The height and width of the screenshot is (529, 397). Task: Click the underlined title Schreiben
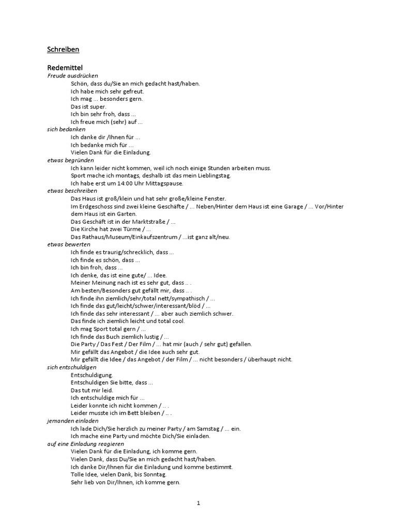tap(63, 50)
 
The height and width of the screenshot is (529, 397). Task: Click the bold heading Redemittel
tap(65, 68)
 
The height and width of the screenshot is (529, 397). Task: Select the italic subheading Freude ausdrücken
tap(69, 75)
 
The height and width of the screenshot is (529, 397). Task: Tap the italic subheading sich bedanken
tap(66, 129)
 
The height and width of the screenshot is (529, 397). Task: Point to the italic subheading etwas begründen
tap(70, 160)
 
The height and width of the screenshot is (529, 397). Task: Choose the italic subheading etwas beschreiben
tap(72, 191)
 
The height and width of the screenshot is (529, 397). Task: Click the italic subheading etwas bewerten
tap(69, 244)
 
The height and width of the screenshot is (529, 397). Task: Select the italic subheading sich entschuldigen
tap(72, 367)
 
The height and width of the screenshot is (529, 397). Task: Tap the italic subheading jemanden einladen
tap(72, 421)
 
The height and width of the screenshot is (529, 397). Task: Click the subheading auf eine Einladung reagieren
tap(86, 444)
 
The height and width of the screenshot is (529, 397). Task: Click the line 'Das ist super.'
tap(88, 106)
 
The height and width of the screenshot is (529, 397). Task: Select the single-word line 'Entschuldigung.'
tap(91, 375)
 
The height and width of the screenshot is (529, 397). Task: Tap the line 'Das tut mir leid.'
tap(91, 390)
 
